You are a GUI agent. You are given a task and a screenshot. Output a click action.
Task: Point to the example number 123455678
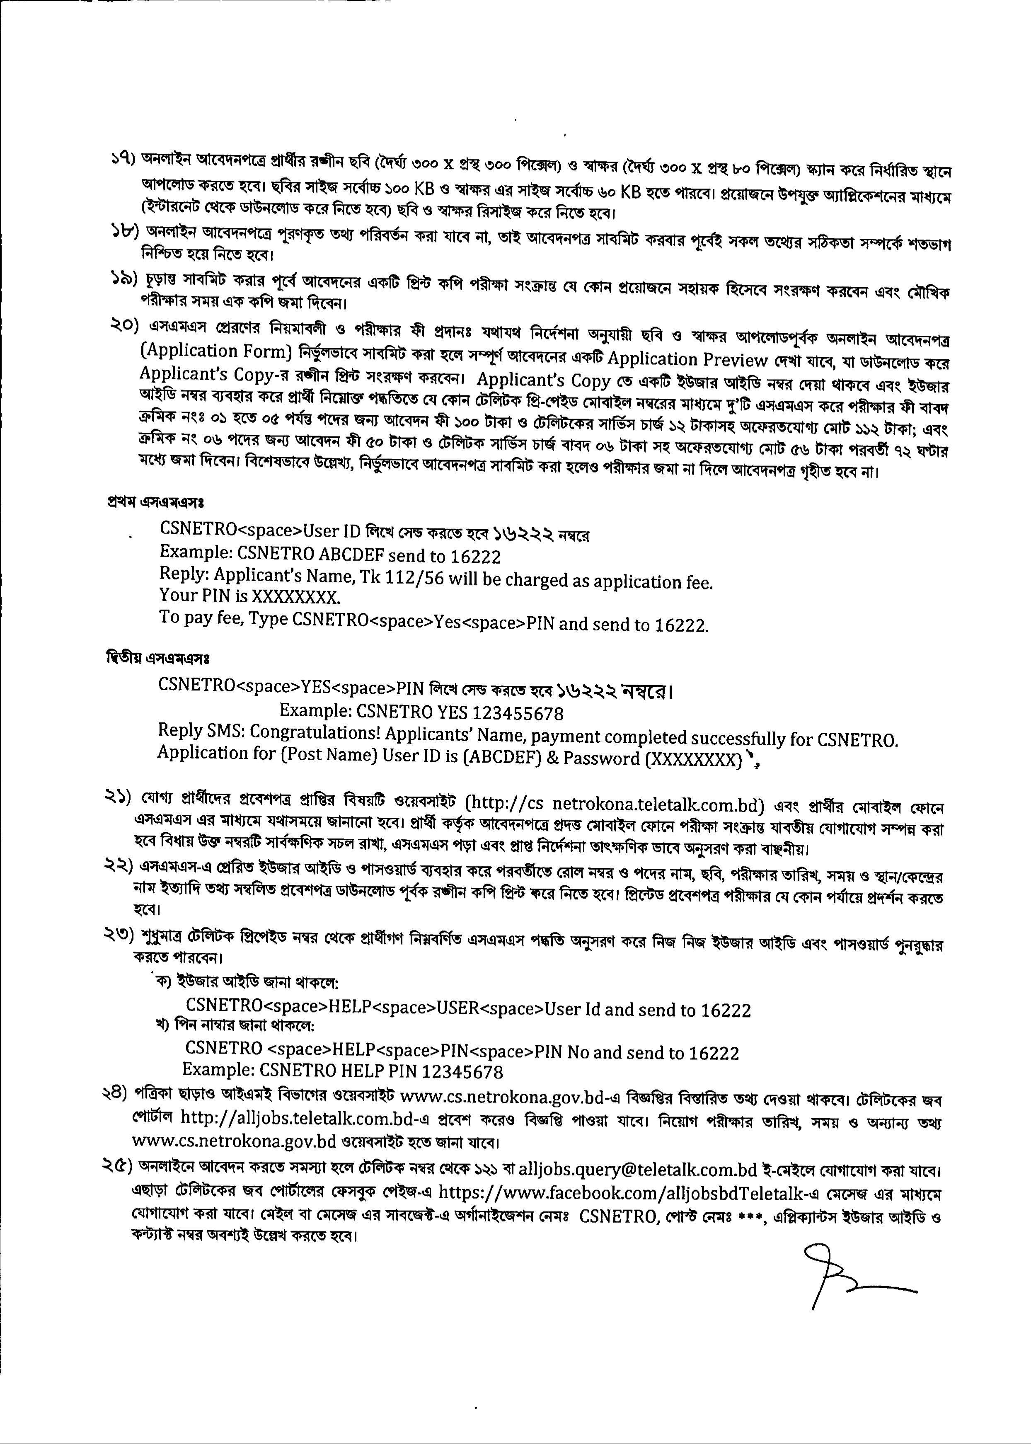[518, 714]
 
